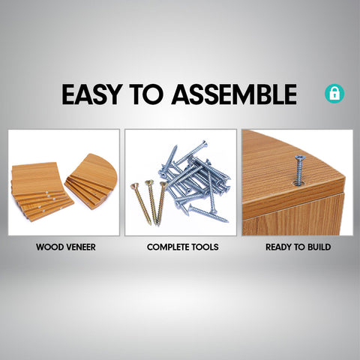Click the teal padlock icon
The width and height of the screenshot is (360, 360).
[334, 93]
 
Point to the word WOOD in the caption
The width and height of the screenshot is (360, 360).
[49, 247]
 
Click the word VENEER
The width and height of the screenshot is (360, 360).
[80, 247]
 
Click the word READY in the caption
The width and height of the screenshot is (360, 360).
[278, 247]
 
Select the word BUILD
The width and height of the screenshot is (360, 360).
[319, 247]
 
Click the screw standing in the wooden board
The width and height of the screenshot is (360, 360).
[299, 170]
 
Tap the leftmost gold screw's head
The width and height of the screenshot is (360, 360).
[135, 186]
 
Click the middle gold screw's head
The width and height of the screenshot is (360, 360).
[149, 183]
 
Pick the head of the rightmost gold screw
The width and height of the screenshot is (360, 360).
[163, 184]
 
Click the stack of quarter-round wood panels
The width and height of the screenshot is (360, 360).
[91, 181]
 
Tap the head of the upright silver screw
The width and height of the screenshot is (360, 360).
[298, 157]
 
